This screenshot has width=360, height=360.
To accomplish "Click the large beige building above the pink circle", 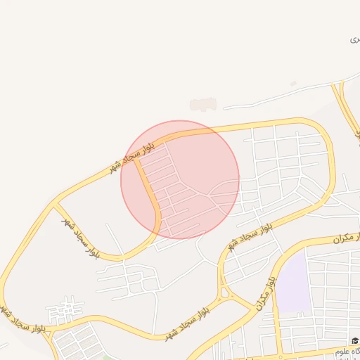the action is pyautogui.click(x=202, y=104).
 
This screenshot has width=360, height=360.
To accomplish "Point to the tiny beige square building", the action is pyautogui.click(x=293, y=84).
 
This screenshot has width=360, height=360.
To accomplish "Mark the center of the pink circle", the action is pyautogui.click(x=180, y=179).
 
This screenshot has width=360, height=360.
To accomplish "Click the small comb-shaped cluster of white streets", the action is pyautogui.click(x=65, y=309).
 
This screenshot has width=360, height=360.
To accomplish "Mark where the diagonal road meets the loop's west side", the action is pyautogui.click(x=56, y=205).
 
